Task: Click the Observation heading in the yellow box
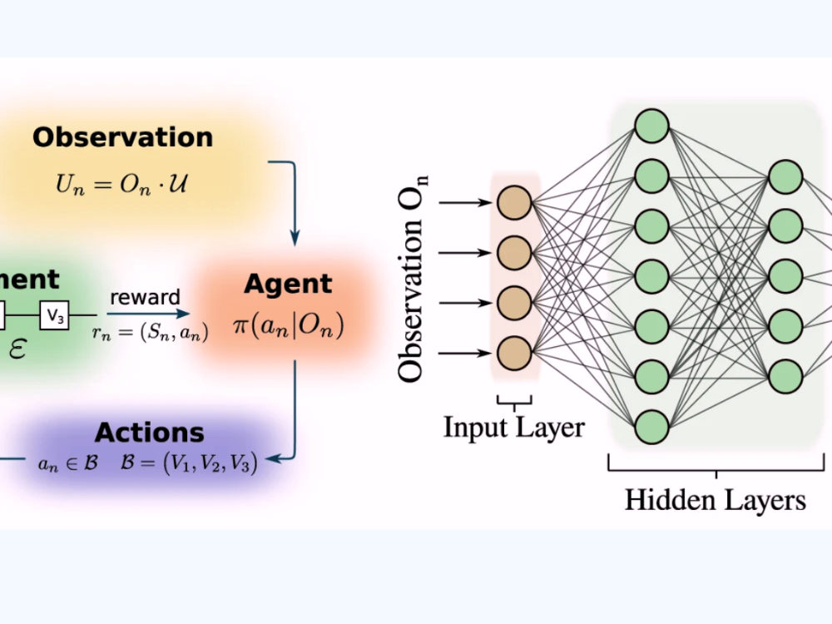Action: pyautogui.click(x=122, y=137)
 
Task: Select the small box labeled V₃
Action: pyautogui.click(x=54, y=315)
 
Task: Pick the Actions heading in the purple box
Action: pyautogui.click(x=149, y=433)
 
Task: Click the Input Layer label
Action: pyautogui.click(x=513, y=428)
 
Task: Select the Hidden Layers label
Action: pyautogui.click(x=715, y=500)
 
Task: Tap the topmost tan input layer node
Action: pyautogui.click(x=514, y=203)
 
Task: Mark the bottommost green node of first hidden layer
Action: pyautogui.click(x=651, y=426)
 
